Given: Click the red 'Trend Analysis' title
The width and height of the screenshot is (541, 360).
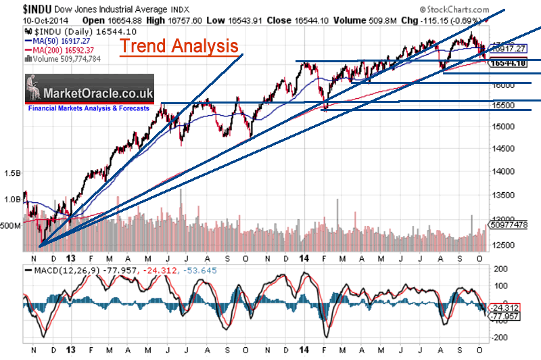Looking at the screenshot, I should tap(179, 46).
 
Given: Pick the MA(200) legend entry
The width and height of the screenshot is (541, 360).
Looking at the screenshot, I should tap(60, 51).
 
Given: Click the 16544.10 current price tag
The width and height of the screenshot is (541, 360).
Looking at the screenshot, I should tap(511, 63).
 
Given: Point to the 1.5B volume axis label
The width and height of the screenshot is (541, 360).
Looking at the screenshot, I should tap(11, 173).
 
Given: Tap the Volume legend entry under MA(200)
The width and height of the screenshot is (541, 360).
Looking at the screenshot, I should tap(60, 59).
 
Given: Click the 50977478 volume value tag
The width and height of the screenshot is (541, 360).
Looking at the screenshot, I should tap(513, 225).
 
